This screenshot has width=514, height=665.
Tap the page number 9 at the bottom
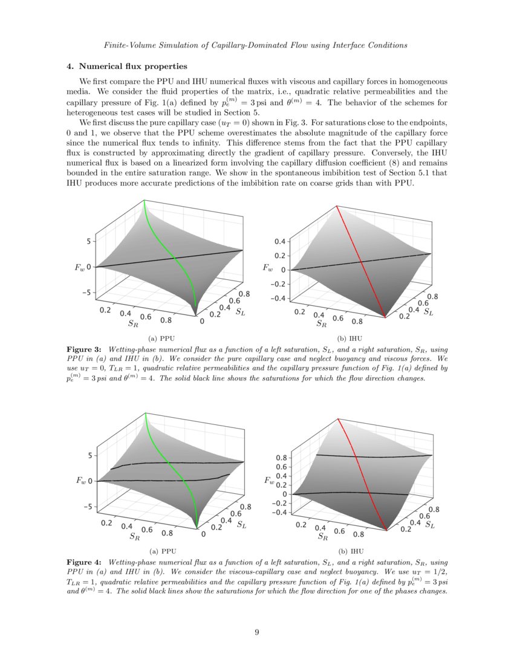pos(257,632)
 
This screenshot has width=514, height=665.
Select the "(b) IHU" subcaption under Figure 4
pos(351,551)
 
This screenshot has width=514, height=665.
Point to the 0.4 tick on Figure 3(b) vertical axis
pos(279,242)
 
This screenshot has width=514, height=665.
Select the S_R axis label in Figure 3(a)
pos(133,323)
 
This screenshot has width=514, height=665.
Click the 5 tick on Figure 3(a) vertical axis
pos(88,241)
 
